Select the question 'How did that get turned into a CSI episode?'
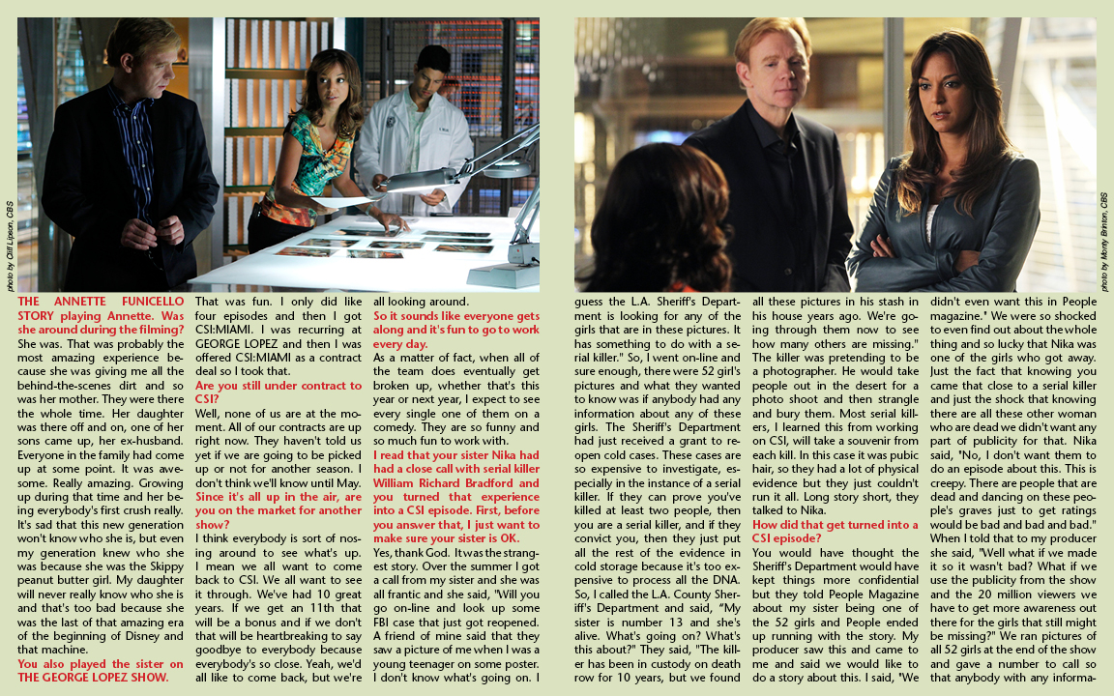[x=835, y=531]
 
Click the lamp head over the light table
[x=406, y=179]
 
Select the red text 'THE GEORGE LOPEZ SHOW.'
[x=93, y=678]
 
